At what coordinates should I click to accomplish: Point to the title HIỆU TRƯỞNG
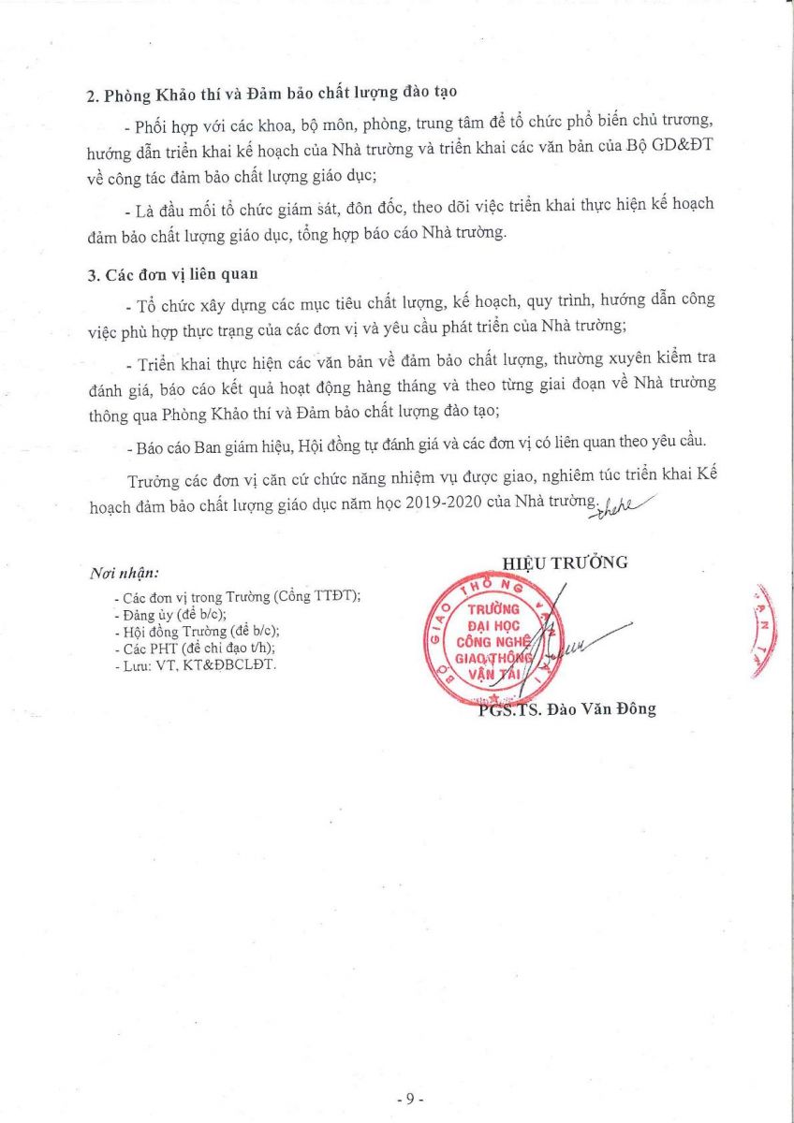[x=565, y=562]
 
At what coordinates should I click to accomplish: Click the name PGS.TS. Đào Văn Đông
[x=566, y=709]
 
